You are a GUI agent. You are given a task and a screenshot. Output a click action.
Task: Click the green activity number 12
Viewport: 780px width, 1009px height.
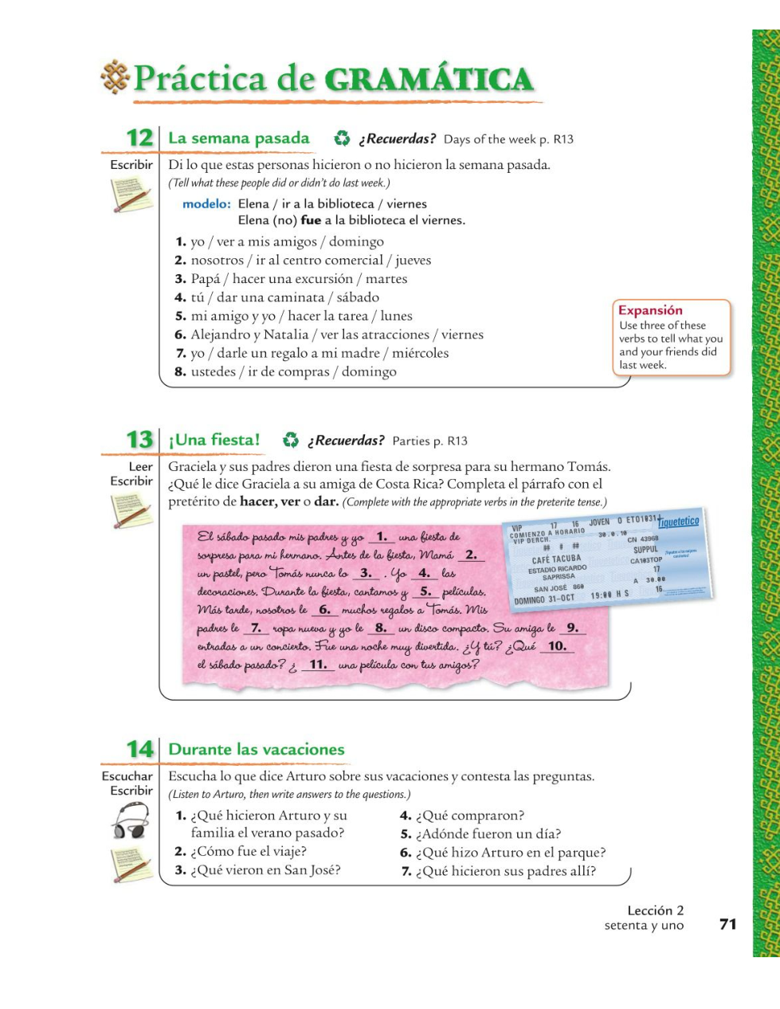click(139, 138)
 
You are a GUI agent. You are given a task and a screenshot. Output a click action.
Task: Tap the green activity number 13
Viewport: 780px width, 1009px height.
click(139, 440)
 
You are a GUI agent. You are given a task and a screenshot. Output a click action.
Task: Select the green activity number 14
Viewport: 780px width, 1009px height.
click(139, 749)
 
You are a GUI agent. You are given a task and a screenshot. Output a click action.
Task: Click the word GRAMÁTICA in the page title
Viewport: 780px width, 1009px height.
click(429, 80)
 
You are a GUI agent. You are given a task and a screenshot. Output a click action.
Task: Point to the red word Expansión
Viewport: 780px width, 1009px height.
click(650, 311)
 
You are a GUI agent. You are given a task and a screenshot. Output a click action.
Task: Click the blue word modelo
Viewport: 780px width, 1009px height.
click(206, 204)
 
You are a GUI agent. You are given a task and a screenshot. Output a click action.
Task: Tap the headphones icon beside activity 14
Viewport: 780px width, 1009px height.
click(131, 821)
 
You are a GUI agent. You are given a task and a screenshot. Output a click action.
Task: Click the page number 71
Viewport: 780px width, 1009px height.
click(727, 924)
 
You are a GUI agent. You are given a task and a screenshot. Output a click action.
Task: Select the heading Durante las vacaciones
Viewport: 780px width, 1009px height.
click(257, 749)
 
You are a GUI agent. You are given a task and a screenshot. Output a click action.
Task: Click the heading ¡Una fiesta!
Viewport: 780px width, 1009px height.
click(214, 440)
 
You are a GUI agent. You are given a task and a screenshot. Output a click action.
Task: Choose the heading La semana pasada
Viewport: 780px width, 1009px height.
click(239, 138)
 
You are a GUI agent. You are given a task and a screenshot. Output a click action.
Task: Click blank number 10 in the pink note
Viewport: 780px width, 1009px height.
click(557, 646)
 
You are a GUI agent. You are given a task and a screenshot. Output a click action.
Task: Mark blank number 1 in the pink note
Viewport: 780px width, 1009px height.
click(382, 537)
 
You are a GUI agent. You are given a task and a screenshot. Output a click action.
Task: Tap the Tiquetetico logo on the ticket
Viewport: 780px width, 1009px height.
click(678, 522)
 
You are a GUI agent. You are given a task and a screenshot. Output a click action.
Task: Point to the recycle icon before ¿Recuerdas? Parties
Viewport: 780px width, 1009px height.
click(291, 440)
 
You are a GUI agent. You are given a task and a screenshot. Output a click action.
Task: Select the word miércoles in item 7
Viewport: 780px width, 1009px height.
click(420, 353)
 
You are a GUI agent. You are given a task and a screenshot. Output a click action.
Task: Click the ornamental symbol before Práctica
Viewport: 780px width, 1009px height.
click(116, 77)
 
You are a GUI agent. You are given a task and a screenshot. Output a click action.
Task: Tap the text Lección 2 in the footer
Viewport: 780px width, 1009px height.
click(655, 910)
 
